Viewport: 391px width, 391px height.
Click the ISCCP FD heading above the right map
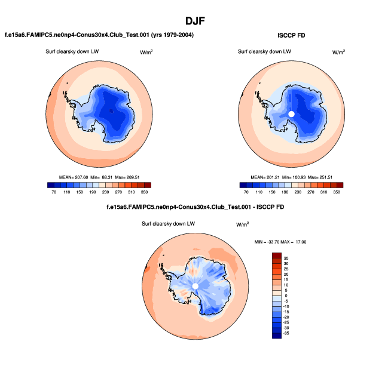(x=292, y=35)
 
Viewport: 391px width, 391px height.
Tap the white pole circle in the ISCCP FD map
(x=291, y=113)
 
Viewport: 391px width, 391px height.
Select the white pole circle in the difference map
(x=195, y=287)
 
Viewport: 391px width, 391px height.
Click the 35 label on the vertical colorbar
(x=286, y=258)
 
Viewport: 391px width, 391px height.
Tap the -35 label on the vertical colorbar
(x=286, y=333)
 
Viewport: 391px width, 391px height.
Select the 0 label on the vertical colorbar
(x=286, y=295)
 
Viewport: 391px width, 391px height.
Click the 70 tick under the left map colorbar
(x=54, y=192)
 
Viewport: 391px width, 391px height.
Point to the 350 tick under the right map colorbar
(x=337, y=192)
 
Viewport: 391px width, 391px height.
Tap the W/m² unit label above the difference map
(x=242, y=225)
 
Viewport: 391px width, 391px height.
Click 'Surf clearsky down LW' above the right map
(x=264, y=52)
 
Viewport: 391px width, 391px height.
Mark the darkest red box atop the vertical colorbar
(x=276, y=255)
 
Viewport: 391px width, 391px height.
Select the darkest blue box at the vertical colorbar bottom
(x=276, y=335)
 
